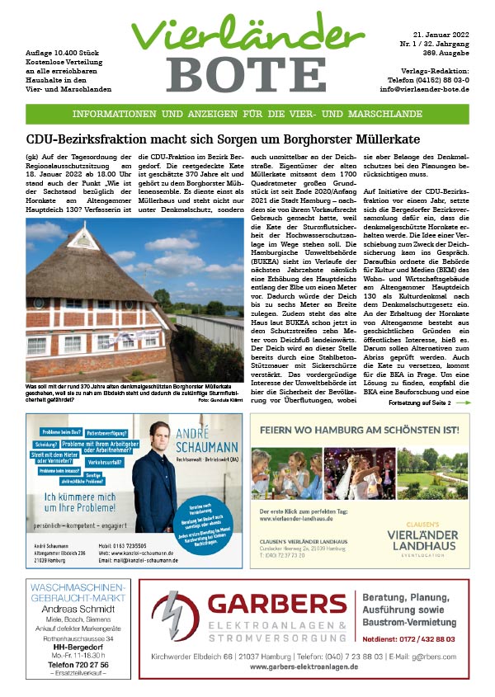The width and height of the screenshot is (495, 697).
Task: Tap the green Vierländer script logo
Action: point(247,33)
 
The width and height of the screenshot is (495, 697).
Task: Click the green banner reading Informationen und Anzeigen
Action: point(247,115)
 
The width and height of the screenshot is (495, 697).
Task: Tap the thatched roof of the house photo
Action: point(91,264)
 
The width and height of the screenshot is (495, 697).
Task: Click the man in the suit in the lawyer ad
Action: point(157,487)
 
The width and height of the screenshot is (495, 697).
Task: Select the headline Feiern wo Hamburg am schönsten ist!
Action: point(358,430)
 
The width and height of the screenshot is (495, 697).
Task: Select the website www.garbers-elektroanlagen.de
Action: point(304,666)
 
